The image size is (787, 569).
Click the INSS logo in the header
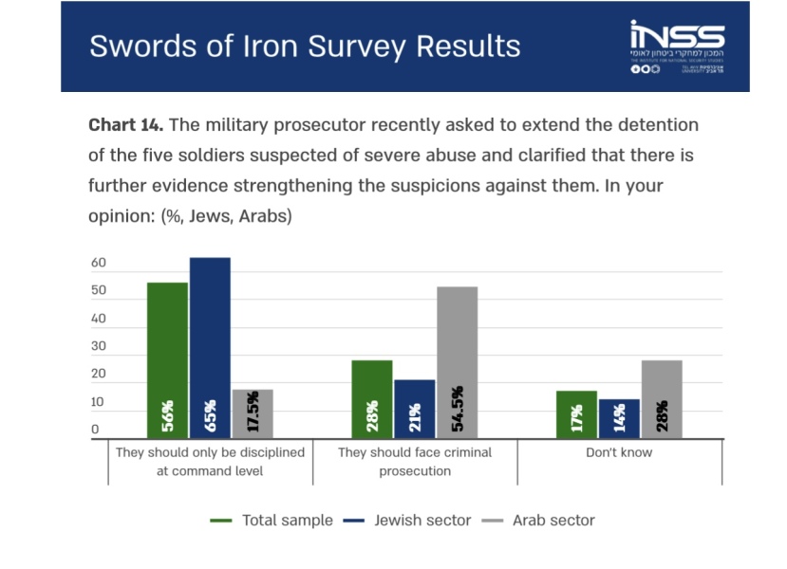tap(676, 46)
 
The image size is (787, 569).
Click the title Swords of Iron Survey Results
tap(305, 46)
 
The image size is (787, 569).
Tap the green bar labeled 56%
tap(167, 360)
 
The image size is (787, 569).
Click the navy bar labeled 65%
tap(210, 348)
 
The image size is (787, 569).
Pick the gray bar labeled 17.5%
tap(253, 413)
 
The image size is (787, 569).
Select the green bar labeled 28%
tap(372, 399)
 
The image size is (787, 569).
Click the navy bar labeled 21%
tap(415, 409)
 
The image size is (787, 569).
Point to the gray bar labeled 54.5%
tap(458, 362)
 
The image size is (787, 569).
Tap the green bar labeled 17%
tap(576, 414)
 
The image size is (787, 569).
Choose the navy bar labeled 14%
tap(619, 418)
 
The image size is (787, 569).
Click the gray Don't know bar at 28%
tap(662, 399)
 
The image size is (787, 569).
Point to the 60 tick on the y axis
tap(99, 264)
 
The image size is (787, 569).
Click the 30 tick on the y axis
tap(99, 347)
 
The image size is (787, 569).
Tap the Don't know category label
tap(619, 452)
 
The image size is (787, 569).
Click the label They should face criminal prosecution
tap(415, 462)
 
